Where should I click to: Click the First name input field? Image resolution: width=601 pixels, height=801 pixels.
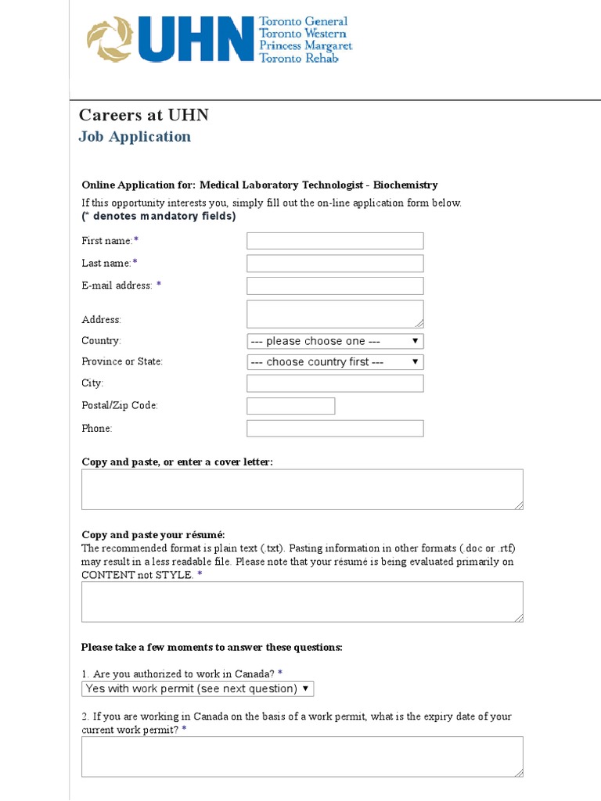click(x=335, y=241)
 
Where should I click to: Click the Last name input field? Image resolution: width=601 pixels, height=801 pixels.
click(x=335, y=264)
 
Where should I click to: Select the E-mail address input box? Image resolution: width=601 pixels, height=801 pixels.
click(x=335, y=286)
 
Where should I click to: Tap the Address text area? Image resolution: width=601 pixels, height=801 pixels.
click(x=335, y=314)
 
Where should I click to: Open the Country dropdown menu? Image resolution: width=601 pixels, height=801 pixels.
click(x=335, y=341)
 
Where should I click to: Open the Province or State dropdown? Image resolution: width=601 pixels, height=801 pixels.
click(x=335, y=362)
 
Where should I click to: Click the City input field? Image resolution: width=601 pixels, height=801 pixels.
click(x=335, y=383)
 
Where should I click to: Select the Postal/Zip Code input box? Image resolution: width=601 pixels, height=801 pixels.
click(x=290, y=406)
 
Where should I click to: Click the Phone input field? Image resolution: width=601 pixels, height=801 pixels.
click(x=335, y=429)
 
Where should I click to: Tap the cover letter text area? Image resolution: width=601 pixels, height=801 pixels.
click(x=302, y=490)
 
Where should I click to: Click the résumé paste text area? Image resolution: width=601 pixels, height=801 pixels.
click(x=302, y=602)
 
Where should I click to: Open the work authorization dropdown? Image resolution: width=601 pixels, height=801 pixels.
click(x=198, y=689)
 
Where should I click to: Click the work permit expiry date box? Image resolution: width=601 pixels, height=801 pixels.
click(x=302, y=756)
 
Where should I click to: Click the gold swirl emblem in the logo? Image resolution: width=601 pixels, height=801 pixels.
click(x=110, y=40)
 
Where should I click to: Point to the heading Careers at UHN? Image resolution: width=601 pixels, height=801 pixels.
click(x=144, y=116)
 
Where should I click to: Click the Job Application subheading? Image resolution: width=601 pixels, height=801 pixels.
click(x=135, y=137)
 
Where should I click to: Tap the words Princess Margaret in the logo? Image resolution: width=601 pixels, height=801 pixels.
click(x=305, y=46)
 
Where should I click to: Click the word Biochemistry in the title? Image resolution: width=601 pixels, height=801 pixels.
click(x=405, y=185)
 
